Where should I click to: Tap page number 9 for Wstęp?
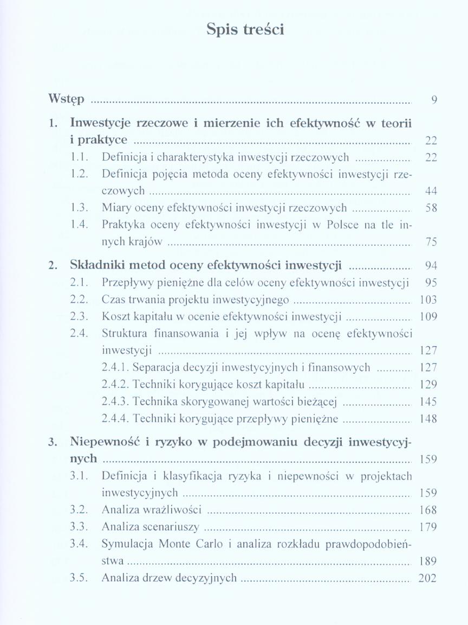(434, 100)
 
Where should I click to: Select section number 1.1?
(81, 157)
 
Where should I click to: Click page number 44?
(431, 191)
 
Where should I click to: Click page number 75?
(431, 242)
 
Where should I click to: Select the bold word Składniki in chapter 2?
(96, 265)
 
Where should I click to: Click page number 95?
(431, 283)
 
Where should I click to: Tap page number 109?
(428, 317)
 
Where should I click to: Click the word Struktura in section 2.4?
(123, 334)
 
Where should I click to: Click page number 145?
(428, 402)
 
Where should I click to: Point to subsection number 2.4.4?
(115, 419)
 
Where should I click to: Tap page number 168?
(428, 510)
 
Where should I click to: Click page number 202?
(427, 578)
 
